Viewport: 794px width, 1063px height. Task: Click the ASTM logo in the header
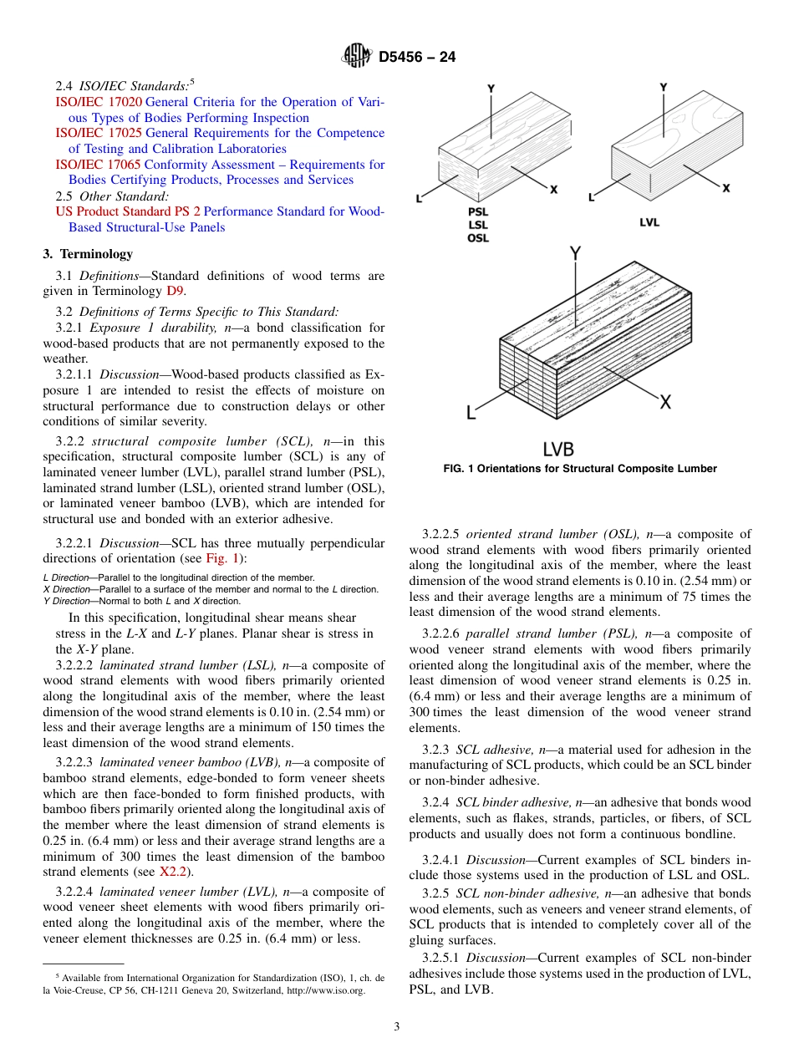point(357,57)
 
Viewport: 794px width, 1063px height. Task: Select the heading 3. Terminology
point(88,254)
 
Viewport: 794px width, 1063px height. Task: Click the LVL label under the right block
point(649,222)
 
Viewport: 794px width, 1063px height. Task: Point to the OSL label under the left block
point(478,238)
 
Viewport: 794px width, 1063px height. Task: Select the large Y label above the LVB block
point(575,253)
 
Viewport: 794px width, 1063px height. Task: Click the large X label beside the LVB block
point(665,402)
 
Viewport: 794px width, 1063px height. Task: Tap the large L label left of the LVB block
point(471,412)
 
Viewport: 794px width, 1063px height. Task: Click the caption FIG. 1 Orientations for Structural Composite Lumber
point(579,469)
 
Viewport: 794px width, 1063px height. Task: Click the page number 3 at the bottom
point(397,1027)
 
